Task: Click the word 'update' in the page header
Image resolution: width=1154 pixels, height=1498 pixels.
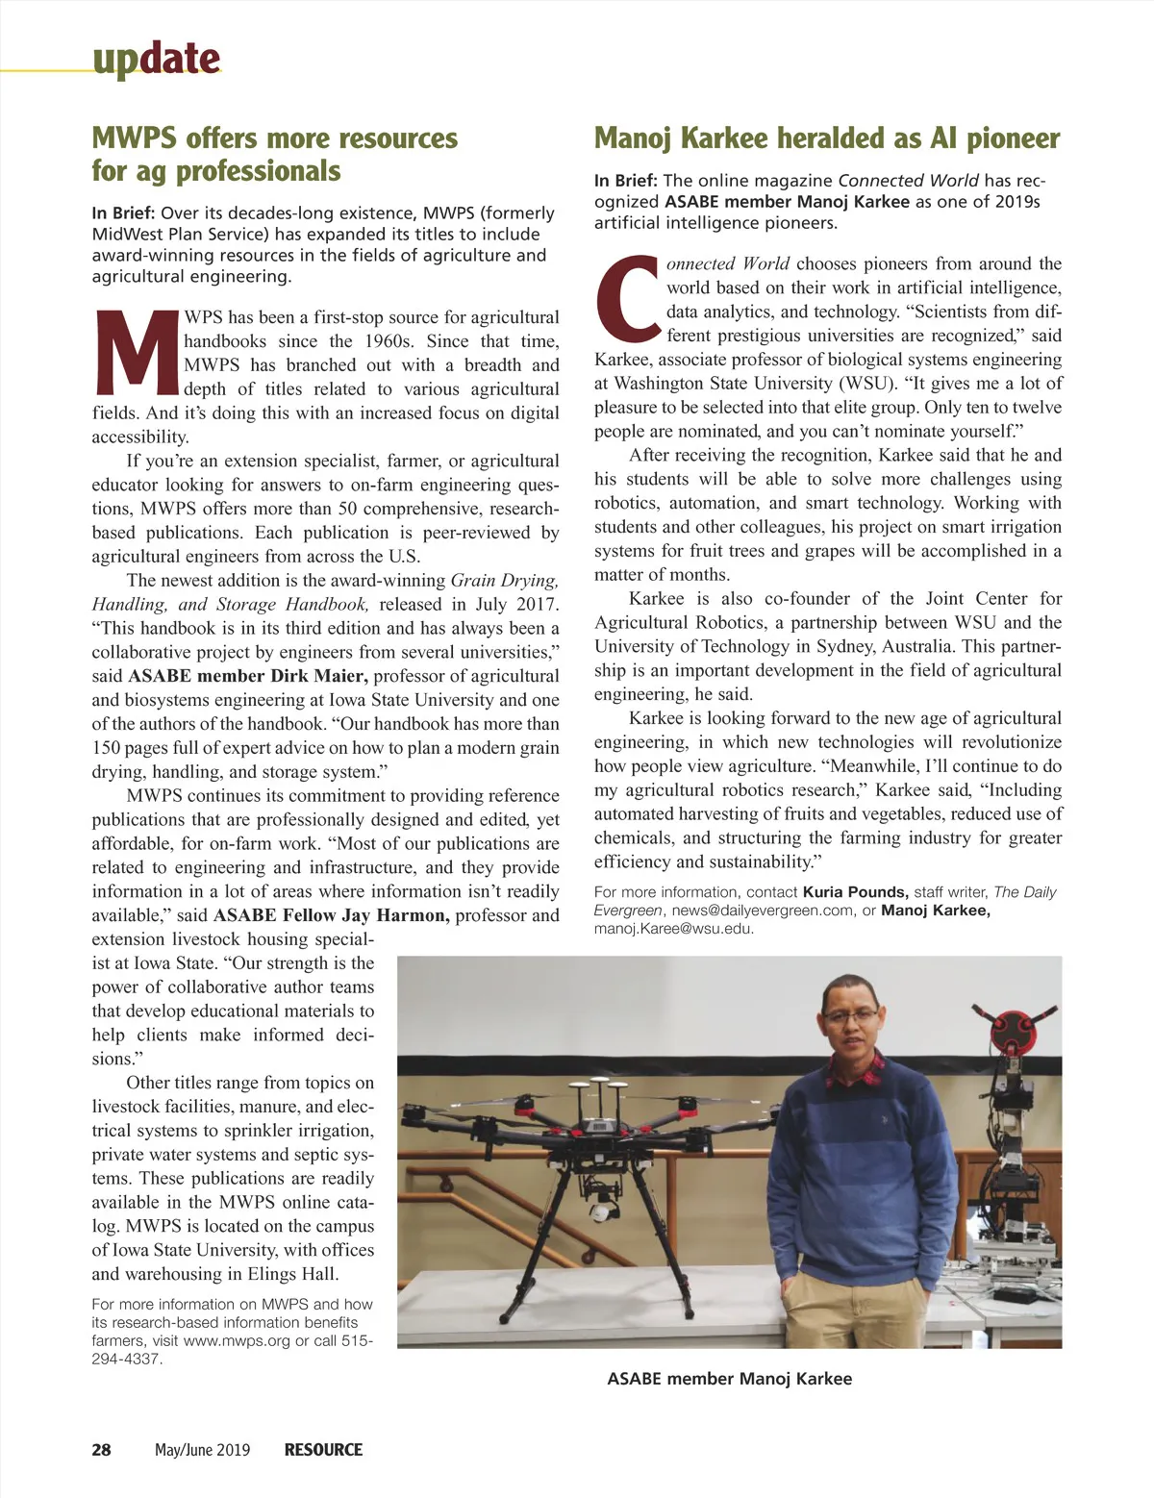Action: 157,60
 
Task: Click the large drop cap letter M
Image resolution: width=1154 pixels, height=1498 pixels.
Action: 138,353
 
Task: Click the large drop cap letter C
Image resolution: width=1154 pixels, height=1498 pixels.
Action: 628,299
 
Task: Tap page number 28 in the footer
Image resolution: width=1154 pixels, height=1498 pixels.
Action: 101,1450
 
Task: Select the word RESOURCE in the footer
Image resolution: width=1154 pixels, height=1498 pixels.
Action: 323,1450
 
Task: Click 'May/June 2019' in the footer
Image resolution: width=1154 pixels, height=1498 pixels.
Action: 202,1450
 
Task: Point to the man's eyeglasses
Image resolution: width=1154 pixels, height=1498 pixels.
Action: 850,1015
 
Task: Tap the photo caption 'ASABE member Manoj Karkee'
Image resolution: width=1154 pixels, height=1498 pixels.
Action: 729,1379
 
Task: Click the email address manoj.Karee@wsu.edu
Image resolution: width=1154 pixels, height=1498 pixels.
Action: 673,929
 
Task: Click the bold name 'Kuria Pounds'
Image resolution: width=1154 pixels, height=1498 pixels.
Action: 855,892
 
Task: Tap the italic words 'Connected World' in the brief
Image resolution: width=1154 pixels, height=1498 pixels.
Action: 908,181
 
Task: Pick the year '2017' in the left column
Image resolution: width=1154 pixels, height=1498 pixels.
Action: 535,604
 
